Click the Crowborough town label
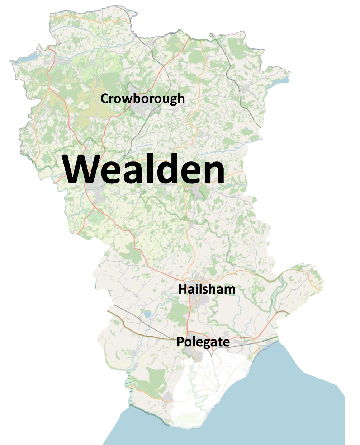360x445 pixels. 142,98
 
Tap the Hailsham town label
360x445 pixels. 207,289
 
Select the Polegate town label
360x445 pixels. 203,342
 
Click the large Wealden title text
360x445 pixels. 144,169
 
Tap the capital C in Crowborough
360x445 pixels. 105,98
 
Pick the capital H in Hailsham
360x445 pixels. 182,289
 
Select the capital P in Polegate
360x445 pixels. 180,342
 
